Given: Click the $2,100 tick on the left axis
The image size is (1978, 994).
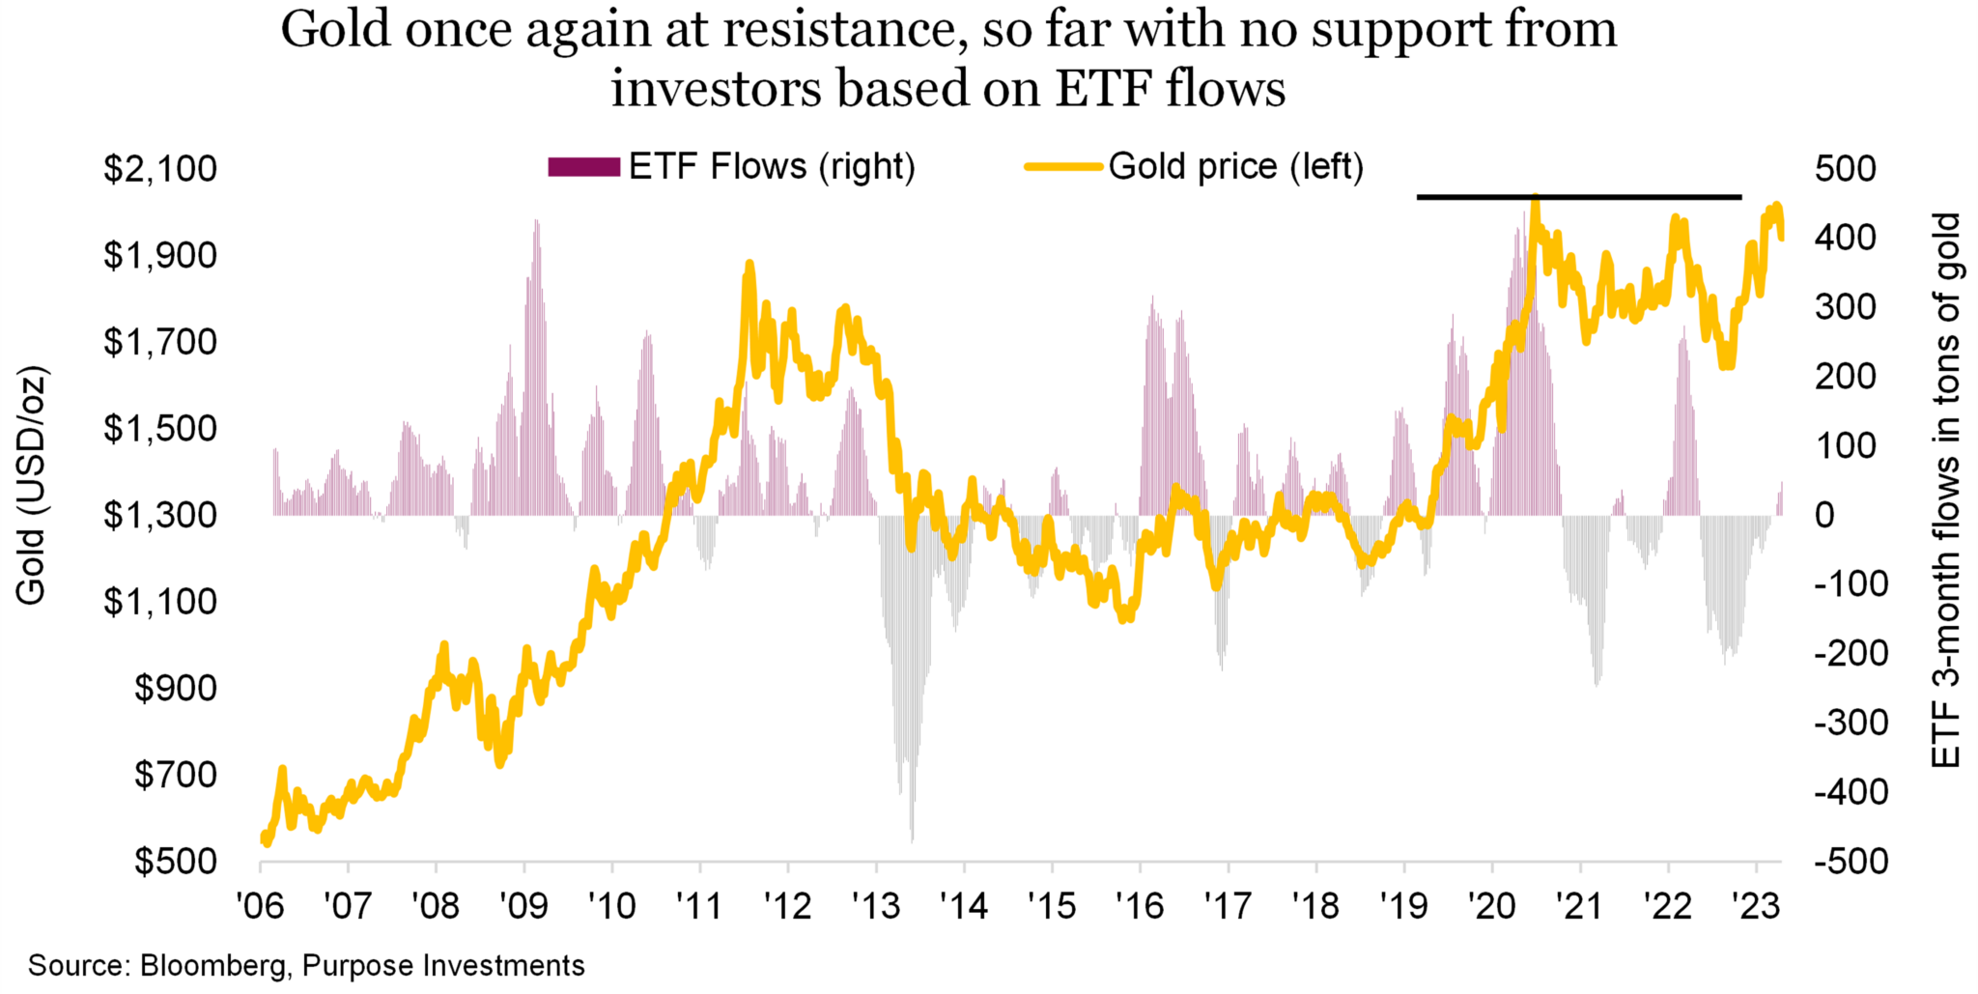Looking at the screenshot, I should [x=160, y=169].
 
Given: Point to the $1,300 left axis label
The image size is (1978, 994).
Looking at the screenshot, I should [x=160, y=515].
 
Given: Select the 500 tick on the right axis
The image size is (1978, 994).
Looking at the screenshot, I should [x=1845, y=169].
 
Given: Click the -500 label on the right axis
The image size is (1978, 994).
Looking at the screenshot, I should [x=1851, y=861].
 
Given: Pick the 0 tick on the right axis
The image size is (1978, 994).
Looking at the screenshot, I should [x=1824, y=515].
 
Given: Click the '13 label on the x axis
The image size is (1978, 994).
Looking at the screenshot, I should [x=876, y=906].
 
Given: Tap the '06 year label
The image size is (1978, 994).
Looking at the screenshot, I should [x=261, y=906].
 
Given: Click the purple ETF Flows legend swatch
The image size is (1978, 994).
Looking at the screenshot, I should [x=583, y=167].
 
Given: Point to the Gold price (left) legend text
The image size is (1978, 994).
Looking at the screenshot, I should [x=1235, y=167].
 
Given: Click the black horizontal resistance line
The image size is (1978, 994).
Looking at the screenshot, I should [x=1578, y=197].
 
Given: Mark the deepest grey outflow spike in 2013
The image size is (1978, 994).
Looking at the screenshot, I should [x=912, y=838].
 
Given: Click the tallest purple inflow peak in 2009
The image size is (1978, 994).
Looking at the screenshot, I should [x=536, y=222].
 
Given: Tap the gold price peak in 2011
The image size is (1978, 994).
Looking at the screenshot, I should [x=749, y=265].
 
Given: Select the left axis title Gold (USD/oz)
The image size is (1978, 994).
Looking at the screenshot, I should [x=31, y=486].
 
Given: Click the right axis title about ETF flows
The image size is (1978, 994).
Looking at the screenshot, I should [x=1945, y=491].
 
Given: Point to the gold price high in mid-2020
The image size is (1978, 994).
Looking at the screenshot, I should [x=1535, y=200].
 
